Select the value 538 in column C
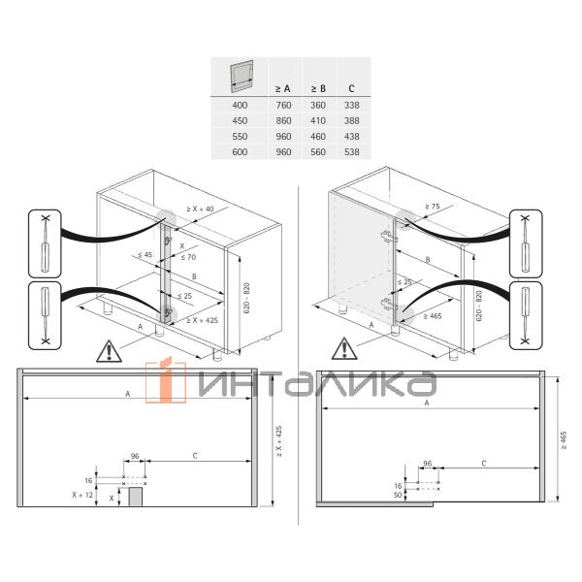click(351, 151)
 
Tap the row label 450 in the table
click(240, 120)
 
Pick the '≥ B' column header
click(317, 87)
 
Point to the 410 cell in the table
click(317, 120)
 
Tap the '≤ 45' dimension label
click(145, 254)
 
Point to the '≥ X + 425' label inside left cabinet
click(199, 319)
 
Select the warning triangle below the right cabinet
click(344, 347)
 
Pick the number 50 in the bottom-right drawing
click(398, 495)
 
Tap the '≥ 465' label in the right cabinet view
click(433, 316)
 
